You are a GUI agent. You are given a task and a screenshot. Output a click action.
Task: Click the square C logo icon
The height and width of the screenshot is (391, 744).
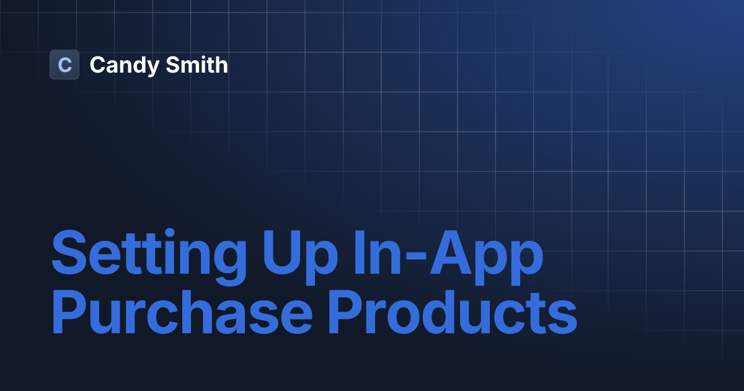[x=64, y=65]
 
